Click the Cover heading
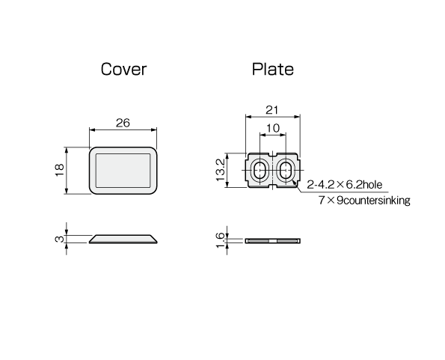(123, 69)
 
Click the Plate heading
(273, 69)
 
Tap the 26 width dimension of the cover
(123, 123)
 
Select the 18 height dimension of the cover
(59, 170)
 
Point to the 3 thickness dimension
(59, 239)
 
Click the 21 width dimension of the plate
(272, 110)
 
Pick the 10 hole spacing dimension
(273, 128)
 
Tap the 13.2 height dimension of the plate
(221, 170)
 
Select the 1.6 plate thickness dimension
(221, 240)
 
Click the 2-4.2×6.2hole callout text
(345, 185)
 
